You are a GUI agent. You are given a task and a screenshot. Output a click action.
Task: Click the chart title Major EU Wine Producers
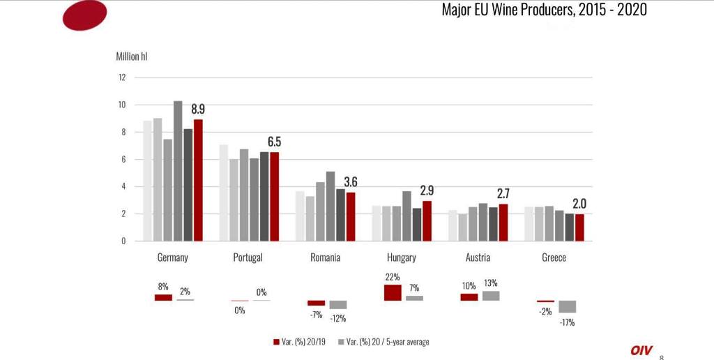(x=544, y=10)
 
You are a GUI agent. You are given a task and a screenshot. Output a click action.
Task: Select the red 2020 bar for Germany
(x=198, y=180)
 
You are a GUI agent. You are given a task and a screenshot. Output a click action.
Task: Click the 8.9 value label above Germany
(x=198, y=109)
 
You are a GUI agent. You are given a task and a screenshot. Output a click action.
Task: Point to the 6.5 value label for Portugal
(x=274, y=142)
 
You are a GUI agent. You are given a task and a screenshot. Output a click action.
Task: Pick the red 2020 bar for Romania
(x=351, y=216)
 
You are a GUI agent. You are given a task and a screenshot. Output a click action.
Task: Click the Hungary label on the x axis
(x=401, y=257)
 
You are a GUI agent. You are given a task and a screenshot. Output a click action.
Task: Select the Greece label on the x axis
(x=554, y=257)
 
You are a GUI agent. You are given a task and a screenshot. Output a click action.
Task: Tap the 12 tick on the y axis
(x=122, y=77)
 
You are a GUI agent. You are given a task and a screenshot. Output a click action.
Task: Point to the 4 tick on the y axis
(x=123, y=186)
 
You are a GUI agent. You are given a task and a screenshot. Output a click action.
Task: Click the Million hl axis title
(x=131, y=56)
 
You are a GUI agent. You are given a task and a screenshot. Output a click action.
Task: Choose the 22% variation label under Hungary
(x=393, y=277)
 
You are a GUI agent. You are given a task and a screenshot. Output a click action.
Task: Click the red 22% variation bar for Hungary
(x=393, y=292)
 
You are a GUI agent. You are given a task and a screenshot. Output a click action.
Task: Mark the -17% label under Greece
(x=567, y=322)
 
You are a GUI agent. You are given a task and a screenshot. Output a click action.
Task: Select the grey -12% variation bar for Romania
(x=338, y=305)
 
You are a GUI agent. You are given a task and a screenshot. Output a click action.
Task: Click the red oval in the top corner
(x=84, y=15)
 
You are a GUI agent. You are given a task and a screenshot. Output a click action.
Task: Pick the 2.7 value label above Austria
(x=503, y=193)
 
